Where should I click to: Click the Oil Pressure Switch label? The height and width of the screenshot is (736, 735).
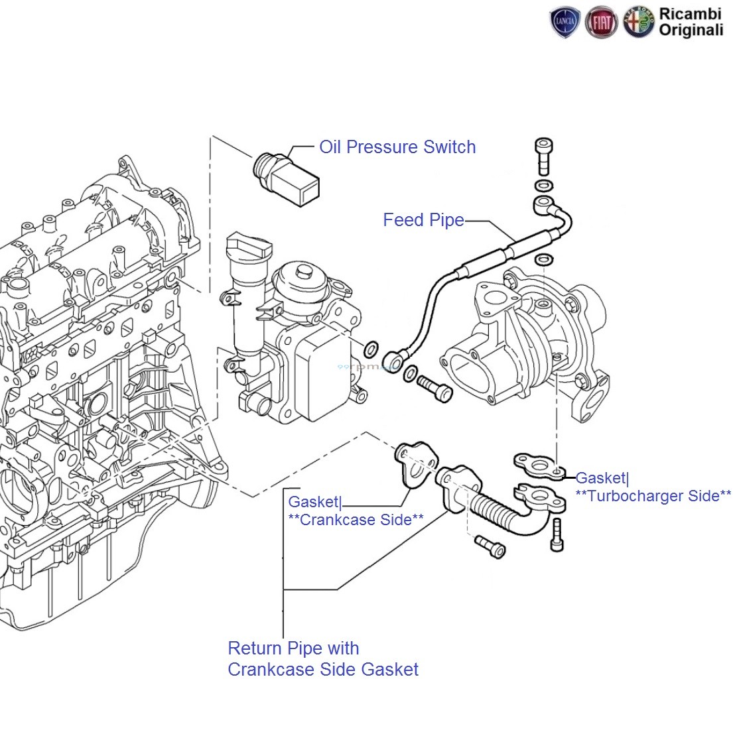point(397,147)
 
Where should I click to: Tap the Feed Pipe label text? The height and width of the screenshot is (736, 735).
point(423,220)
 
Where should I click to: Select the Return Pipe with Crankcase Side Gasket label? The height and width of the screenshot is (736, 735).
point(323,658)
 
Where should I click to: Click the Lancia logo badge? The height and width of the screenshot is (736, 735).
point(565,23)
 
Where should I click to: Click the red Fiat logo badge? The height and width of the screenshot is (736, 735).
point(601,23)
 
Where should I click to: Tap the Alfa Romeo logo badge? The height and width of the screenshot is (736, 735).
point(638,23)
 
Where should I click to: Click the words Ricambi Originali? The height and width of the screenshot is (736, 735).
point(691,22)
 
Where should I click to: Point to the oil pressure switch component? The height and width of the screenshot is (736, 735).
point(286,176)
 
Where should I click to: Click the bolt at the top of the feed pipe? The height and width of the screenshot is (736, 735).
point(543,155)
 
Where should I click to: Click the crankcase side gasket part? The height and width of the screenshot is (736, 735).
point(416,463)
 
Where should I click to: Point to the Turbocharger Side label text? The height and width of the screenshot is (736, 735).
point(653,496)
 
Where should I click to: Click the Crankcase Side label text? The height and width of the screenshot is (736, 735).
point(356,520)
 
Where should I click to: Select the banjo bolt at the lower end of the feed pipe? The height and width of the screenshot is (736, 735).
point(435,388)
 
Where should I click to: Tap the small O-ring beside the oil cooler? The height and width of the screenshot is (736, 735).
point(372,347)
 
